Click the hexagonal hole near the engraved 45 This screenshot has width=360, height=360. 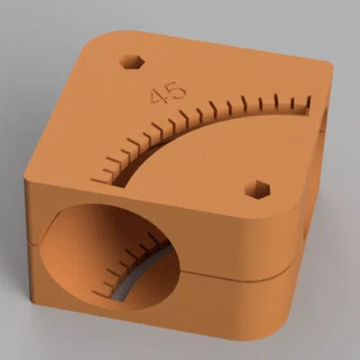point(132,62)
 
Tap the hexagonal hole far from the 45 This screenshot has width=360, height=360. point(257,190)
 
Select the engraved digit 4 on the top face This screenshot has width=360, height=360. point(157,96)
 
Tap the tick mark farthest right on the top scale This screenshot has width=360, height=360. point(308,102)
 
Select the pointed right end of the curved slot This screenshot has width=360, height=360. point(308,111)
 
